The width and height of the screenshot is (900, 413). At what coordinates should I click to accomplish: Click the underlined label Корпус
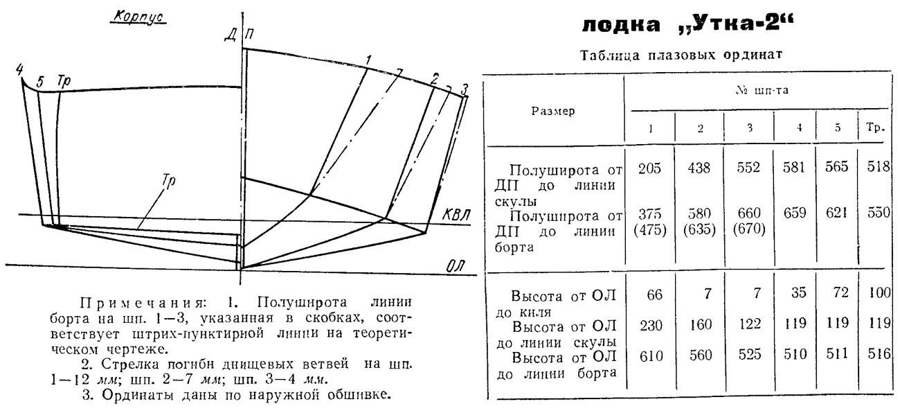(138, 17)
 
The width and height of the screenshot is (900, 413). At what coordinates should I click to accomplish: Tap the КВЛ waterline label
(456, 215)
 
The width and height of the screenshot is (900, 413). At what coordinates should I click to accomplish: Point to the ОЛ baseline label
(456, 266)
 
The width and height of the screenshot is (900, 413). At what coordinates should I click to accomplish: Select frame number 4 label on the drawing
(19, 69)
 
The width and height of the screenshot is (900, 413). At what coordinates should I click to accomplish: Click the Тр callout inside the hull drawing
(169, 181)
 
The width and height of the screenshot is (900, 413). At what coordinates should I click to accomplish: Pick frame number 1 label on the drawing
(368, 60)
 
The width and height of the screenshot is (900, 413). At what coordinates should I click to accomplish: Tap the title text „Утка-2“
(736, 24)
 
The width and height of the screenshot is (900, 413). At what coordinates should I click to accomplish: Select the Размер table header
(553, 111)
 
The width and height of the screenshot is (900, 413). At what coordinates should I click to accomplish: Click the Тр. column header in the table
(876, 128)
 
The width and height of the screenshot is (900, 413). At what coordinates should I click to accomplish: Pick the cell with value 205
(649, 168)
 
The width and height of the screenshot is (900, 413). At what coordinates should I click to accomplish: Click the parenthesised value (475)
(650, 230)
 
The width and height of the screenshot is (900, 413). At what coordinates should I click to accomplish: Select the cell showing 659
(795, 212)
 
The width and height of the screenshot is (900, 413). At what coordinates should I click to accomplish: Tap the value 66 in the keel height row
(654, 295)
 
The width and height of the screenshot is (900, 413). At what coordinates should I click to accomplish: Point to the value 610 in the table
(651, 356)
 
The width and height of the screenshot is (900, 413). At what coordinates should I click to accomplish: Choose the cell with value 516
(879, 353)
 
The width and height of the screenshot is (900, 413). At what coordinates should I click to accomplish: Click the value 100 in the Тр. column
(879, 292)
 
